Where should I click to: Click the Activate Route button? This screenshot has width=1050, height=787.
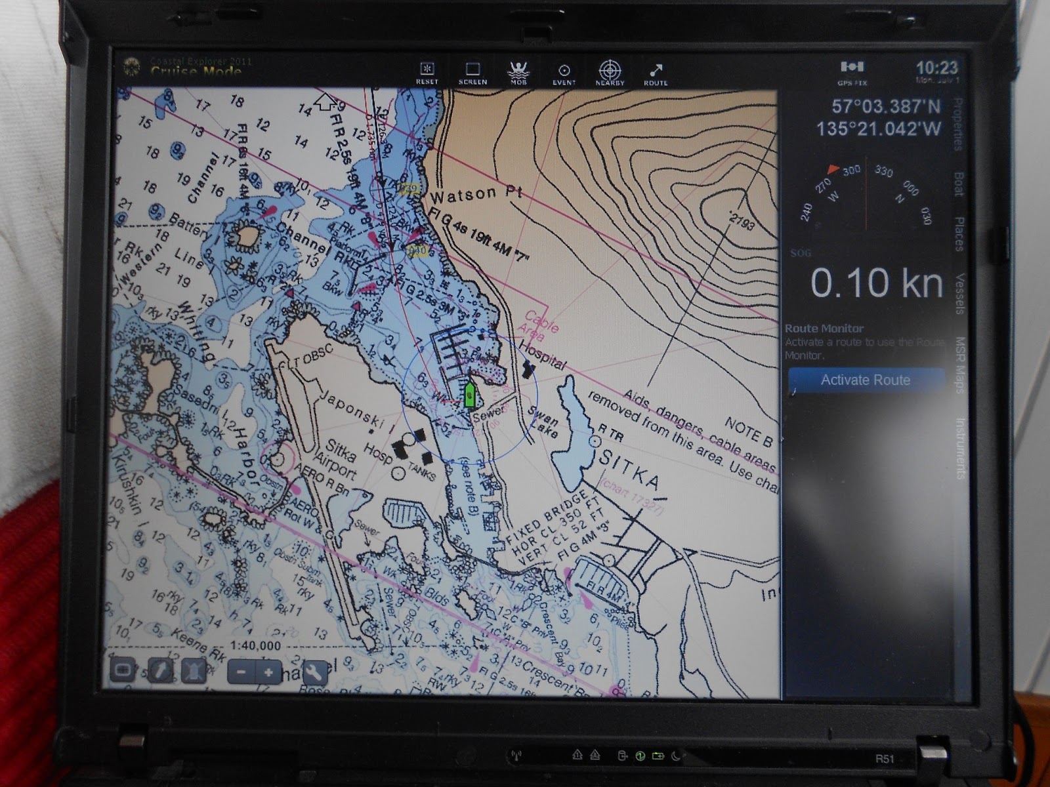tap(865, 380)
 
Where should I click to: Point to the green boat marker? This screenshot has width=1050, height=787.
tap(469, 395)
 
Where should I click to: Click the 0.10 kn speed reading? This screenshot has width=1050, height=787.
tap(876, 283)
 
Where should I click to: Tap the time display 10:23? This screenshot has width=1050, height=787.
tap(936, 68)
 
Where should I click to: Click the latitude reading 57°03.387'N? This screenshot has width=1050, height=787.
tap(885, 106)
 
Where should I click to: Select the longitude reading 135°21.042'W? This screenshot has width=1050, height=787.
tap(879, 129)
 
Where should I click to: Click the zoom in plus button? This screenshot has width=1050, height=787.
tap(268, 672)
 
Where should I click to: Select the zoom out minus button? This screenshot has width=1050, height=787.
tap(241, 672)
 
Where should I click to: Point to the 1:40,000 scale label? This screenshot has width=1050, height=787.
tap(256, 645)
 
